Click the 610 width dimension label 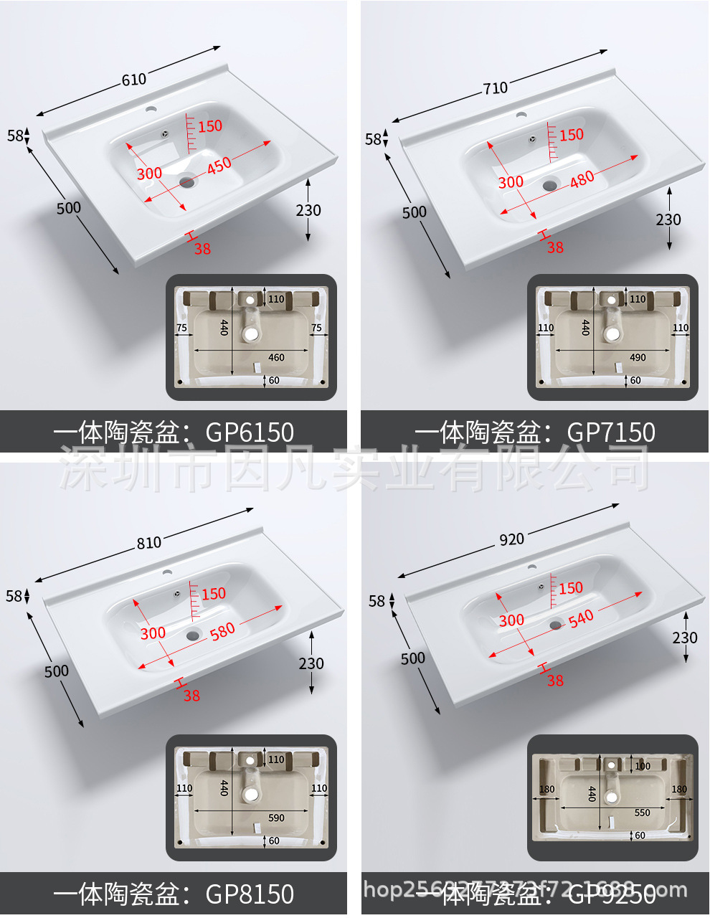click(x=134, y=80)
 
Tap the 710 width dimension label click(x=495, y=88)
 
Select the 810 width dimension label click(x=149, y=543)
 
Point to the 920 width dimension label click(x=511, y=539)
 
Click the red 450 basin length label click(x=219, y=164)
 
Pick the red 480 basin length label click(x=582, y=178)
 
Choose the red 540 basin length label click(x=581, y=617)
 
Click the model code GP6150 click(x=250, y=432)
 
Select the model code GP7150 click(x=611, y=432)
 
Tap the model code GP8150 click(x=250, y=894)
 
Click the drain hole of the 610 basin click(x=187, y=182)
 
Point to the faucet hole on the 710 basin click(x=521, y=114)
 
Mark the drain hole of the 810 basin click(x=193, y=635)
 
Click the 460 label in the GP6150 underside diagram click(x=276, y=357)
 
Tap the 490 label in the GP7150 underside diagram click(x=638, y=357)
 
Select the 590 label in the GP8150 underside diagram click(x=276, y=818)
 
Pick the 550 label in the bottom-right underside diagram click(x=642, y=813)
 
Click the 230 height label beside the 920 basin click(x=685, y=638)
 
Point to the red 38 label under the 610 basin click(x=202, y=249)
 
